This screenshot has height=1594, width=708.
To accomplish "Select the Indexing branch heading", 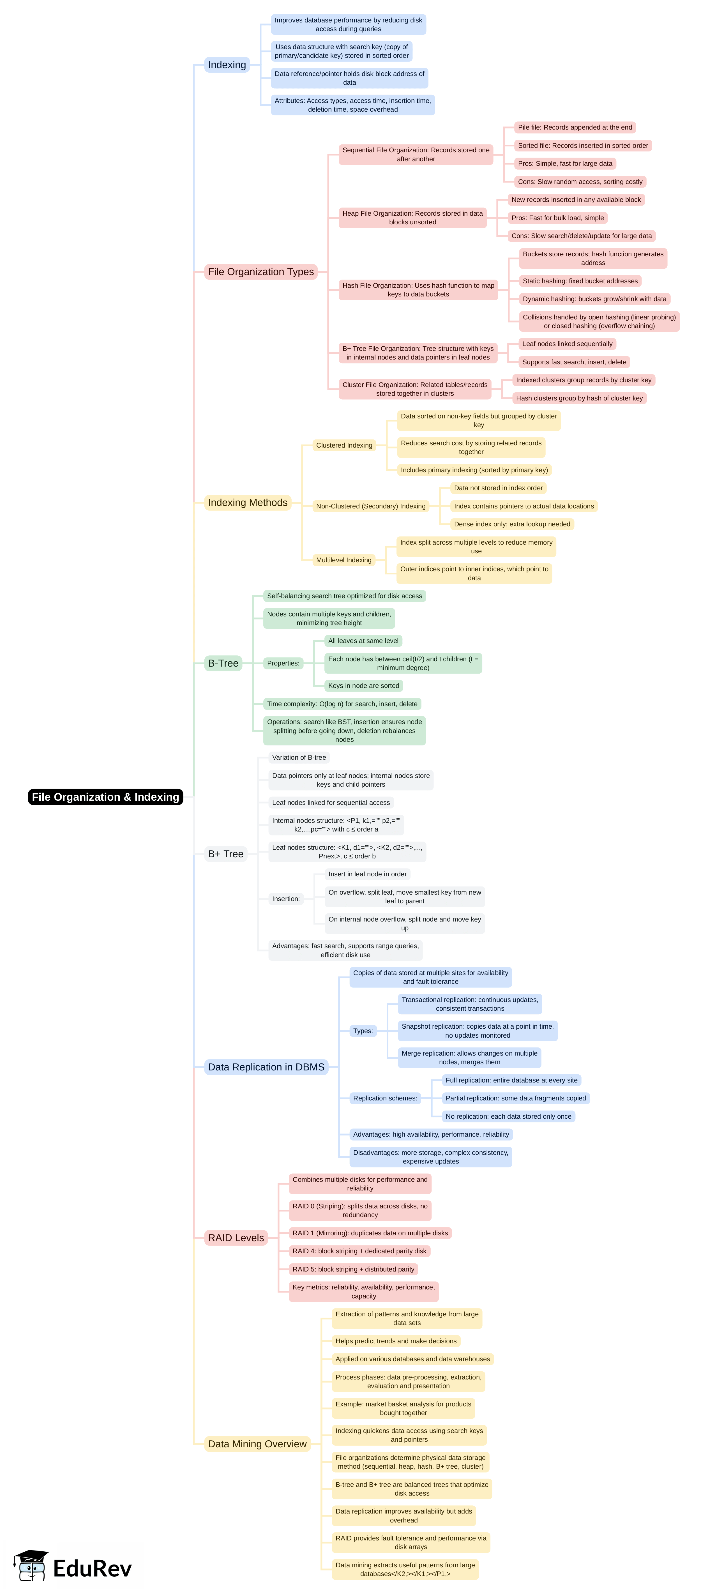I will (x=227, y=65).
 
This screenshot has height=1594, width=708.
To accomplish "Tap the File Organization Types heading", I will (x=260, y=272).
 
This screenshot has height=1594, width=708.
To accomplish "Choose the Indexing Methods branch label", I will (x=248, y=503).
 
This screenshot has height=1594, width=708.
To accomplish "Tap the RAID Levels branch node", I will (x=236, y=1238).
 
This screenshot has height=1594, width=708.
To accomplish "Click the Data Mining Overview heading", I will (x=257, y=1444).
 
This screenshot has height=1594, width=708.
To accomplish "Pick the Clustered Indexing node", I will (x=344, y=446).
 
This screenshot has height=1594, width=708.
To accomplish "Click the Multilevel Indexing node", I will (x=343, y=560).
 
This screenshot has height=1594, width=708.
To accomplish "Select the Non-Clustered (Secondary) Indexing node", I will (x=371, y=506).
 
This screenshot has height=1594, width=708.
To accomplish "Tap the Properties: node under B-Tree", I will (x=283, y=663).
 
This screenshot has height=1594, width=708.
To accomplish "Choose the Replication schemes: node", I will (x=385, y=1098).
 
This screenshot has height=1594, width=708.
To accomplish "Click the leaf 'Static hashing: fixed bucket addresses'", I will (x=580, y=281).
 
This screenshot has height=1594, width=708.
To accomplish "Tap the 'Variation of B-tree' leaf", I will (x=299, y=757).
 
